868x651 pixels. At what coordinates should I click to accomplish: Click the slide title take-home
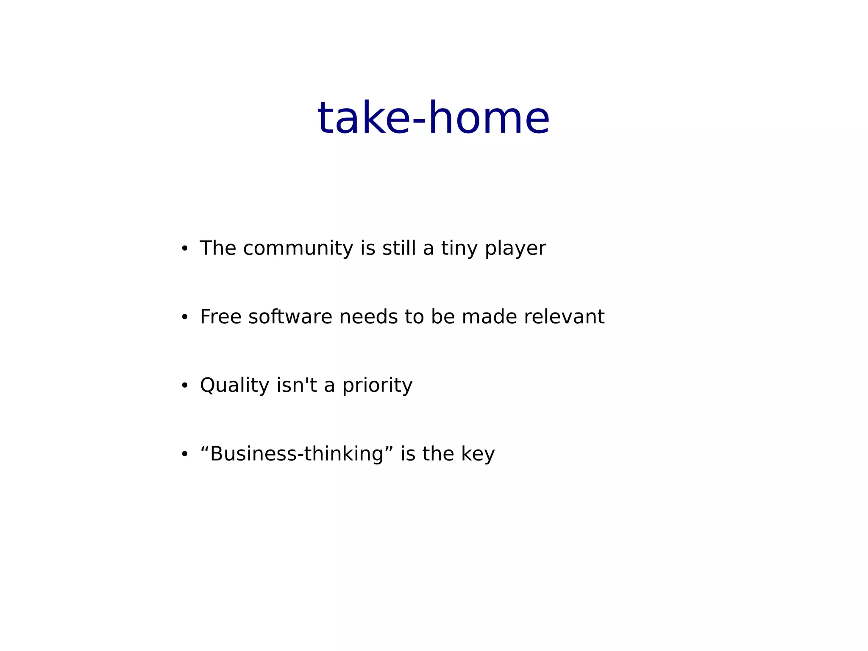coord(433,118)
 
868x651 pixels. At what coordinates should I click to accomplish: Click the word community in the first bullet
coord(298,248)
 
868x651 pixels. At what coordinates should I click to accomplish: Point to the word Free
coord(220,317)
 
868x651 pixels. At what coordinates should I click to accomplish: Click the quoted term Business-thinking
coord(297,454)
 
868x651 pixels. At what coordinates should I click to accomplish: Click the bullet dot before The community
coord(184,249)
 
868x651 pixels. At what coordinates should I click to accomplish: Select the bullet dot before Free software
coord(184,317)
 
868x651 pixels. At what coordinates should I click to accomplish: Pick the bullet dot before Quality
coord(184,386)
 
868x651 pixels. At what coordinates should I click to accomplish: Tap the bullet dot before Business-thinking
coord(184,455)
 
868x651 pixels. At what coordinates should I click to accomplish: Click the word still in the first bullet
coord(399,248)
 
